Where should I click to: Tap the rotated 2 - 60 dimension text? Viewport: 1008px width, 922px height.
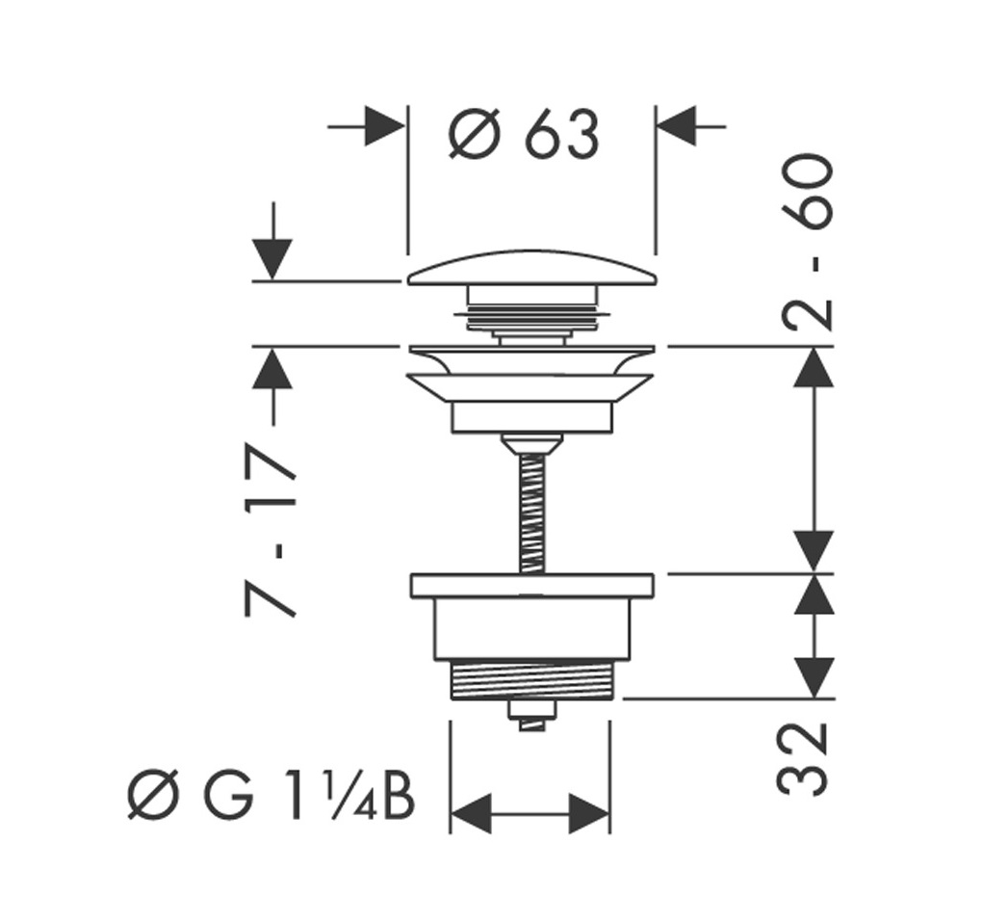(x=807, y=242)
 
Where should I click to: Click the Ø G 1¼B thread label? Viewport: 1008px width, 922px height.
(x=272, y=798)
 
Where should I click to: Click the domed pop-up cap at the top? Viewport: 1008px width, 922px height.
(x=532, y=269)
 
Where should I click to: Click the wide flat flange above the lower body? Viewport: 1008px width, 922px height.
(x=532, y=585)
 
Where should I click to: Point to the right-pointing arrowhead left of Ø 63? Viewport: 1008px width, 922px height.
(x=384, y=126)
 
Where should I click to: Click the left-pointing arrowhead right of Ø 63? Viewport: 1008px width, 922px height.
(x=677, y=126)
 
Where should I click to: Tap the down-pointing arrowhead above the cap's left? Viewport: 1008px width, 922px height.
(x=274, y=258)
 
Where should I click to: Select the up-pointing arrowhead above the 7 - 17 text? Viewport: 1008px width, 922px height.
(x=274, y=369)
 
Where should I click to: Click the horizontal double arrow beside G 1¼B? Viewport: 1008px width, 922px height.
(x=530, y=814)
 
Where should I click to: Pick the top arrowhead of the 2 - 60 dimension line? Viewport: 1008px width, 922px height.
(x=815, y=367)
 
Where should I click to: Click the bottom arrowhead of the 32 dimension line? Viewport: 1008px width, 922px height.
(x=815, y=676)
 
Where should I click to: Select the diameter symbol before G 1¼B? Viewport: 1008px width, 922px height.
(x=153, y=798)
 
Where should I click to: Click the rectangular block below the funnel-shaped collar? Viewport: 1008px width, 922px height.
(x=531, y=417)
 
